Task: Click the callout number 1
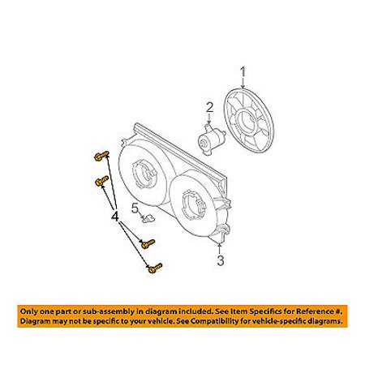(x=243, y=71)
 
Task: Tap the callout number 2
(x=210, y=108)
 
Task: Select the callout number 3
(x=221, y=260)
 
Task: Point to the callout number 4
(x=115, y=217)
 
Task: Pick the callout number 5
(x=135, y=208)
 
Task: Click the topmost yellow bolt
(x=101, y=156)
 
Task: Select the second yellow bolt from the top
(x=102, y=181)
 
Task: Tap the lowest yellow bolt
(x=155, y=268)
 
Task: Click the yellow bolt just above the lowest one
(x=148, y=243)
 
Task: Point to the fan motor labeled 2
(x=211, y=140)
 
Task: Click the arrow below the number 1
(x=243, y=83)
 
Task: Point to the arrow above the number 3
(x=220, y=249)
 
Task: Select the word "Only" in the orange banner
(x=29, y=311)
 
